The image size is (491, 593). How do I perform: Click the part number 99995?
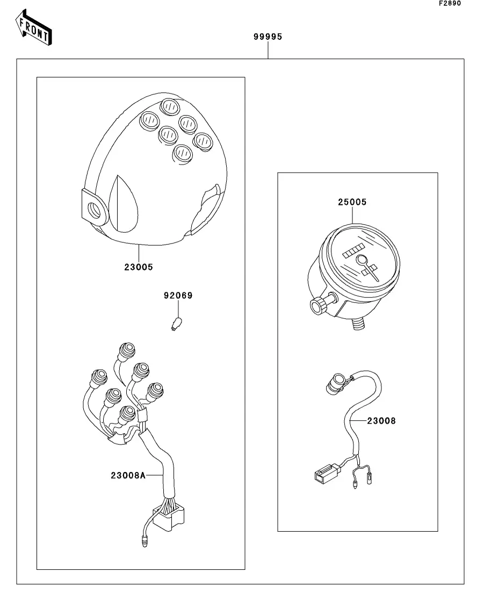click(x=268, y=37)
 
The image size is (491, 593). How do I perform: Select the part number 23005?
click(x=139, y=267)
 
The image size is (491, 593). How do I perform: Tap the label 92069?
click(x=178, y=296)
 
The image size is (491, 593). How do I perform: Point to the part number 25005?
click(x=352, y=202)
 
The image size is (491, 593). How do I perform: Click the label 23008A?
click(x=128, y=475)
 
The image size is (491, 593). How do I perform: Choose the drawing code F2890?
click(x=450, y=4)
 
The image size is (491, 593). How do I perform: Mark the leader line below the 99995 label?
click(x=268, y=51)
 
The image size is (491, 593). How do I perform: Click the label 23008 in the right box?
click(x=381, y=421)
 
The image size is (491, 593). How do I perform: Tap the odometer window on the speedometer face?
click(x=353, y=251)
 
